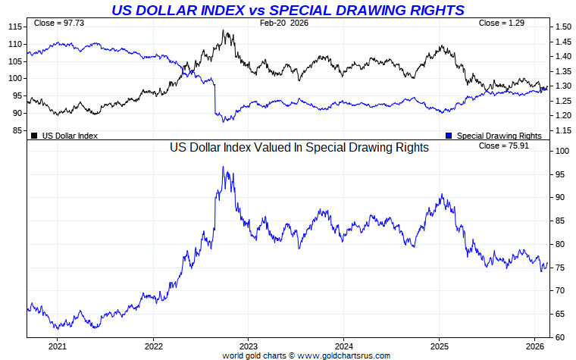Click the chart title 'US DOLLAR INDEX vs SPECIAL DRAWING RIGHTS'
[288, 10]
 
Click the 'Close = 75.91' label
[499, 145]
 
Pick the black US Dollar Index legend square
[34, 136]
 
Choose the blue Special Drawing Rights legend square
[449, 136]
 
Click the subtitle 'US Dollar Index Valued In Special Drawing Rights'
[299, 148]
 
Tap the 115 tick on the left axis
[15, 27]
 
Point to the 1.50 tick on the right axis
[562, 27]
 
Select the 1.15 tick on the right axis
[562, 130]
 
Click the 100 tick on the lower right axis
[559, 151]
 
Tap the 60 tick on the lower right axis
[557, 337]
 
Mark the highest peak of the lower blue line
[223, 167]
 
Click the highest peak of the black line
[223, 31]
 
